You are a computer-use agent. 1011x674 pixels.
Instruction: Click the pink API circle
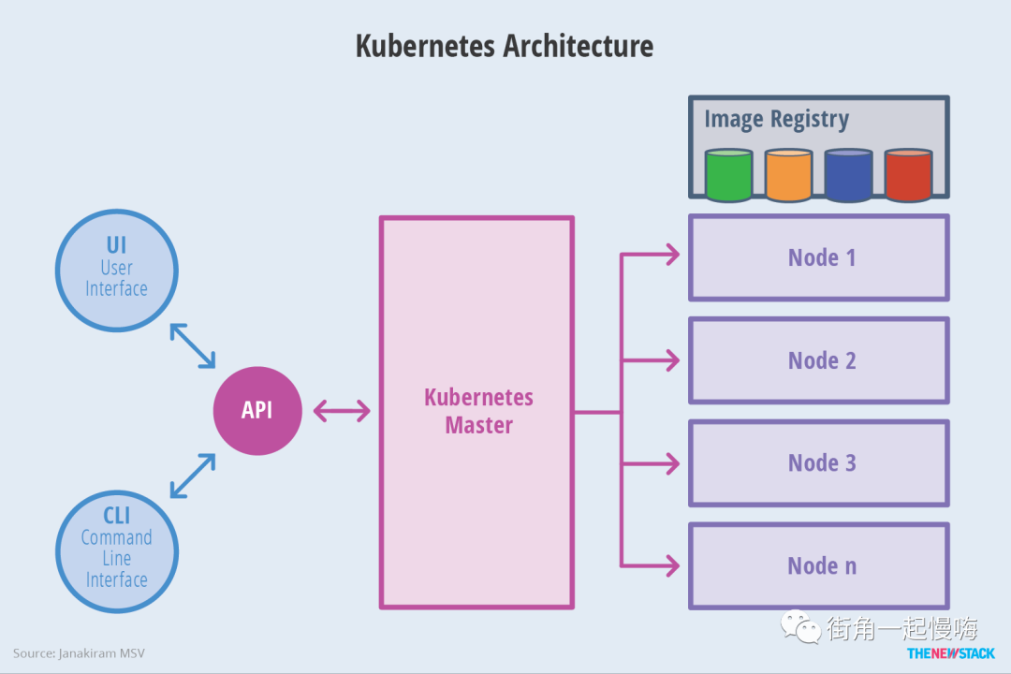[x=257, y=411]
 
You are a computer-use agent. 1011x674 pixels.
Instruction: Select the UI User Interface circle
[x=117, y=271]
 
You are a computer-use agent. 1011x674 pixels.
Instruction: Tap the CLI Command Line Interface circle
[x=117, y=551]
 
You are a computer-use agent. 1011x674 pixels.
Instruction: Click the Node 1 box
[x=819, y=257]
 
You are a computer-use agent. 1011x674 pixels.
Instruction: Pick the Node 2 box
[x=819, y=359]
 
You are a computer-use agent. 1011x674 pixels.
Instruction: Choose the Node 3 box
[x=819, y=462]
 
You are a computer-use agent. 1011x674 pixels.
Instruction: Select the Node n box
[x=819, y=565]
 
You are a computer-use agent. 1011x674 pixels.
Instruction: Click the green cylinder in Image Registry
[x=728, y=175]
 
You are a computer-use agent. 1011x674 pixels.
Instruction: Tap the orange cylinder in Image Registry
[x=788, y=175]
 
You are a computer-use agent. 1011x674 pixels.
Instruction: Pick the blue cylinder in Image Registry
[x=848, y=175]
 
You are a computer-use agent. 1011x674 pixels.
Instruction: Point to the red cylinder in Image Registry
[x=908, y=175]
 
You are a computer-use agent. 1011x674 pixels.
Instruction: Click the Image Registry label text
[x=776, y=119]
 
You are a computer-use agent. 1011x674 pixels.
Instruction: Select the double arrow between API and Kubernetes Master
[x=342, y=411]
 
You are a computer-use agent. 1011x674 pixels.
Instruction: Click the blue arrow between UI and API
[x=192, y=345]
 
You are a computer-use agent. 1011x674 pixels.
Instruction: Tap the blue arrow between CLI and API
[x=192, y=476]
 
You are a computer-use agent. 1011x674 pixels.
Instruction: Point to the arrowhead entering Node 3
[x=673, y=463]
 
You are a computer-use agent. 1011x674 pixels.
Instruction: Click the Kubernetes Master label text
[x=478, y=411]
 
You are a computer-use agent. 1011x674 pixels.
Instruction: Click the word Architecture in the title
[x=578, y=46]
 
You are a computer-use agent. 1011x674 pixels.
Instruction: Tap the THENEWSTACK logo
[x=950, y=653]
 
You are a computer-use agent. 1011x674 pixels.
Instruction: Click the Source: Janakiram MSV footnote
[x=79, y=653]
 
